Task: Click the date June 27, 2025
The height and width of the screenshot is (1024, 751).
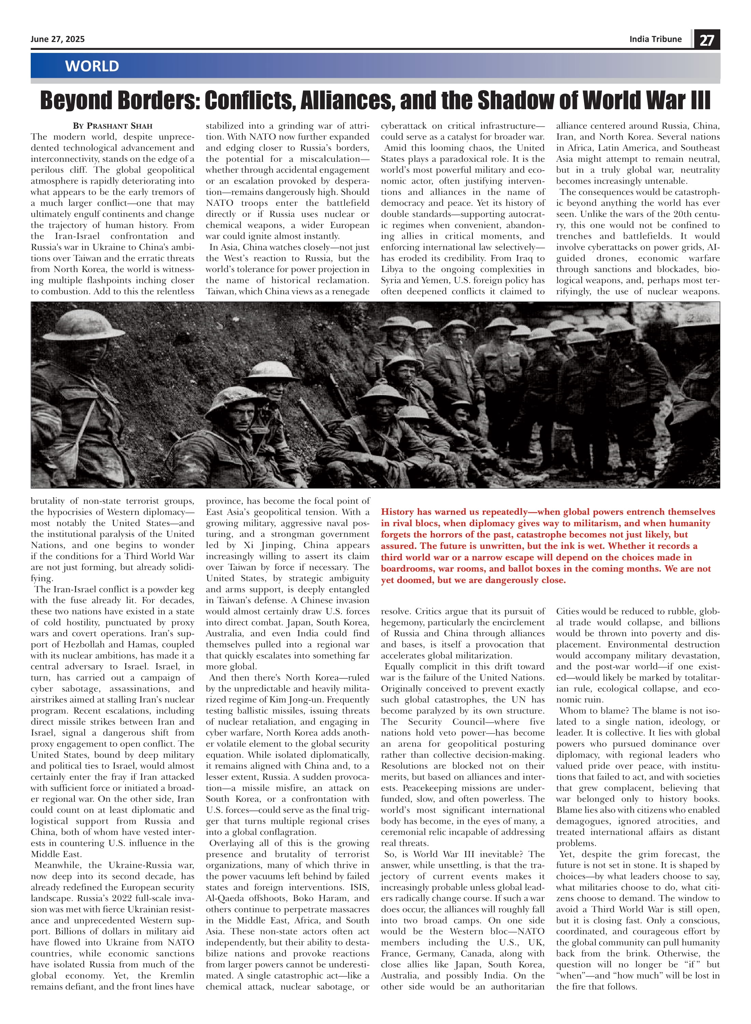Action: click(x=57, y=39)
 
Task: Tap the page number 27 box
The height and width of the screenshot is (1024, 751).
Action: click(x=706, y=40)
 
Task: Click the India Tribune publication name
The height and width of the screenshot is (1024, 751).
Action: click(x=655, y=39)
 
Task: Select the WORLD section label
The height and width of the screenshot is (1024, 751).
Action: click(x=92, y=66)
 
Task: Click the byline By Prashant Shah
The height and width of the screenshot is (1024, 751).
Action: click(x=112, y=126)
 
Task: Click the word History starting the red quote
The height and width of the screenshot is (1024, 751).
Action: click(x=398, y=512)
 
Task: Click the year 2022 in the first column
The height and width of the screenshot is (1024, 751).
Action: click(x=127, y=898)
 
